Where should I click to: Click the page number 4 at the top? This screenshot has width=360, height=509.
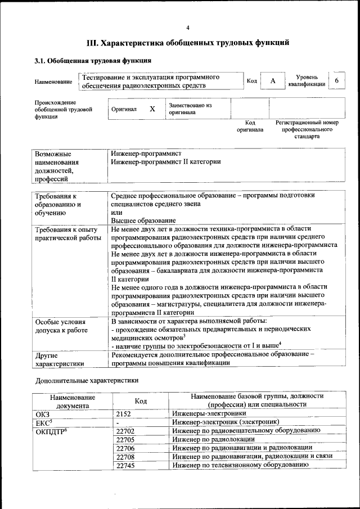[x=188, y=28]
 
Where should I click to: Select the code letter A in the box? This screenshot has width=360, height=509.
[x=272, y=81]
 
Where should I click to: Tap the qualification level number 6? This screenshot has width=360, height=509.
[x=336, y=81]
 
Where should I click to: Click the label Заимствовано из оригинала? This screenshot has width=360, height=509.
[x=190, y=109]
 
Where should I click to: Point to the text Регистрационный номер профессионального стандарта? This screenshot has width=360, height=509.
[x=307, y=129]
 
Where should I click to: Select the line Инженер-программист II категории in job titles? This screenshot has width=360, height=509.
[x=166, y=162]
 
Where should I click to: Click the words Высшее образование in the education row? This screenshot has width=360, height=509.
[x=143, y=220]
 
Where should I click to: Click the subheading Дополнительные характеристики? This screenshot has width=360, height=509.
[x=86, y=380]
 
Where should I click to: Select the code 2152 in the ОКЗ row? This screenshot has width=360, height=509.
[x=124, y=413]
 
